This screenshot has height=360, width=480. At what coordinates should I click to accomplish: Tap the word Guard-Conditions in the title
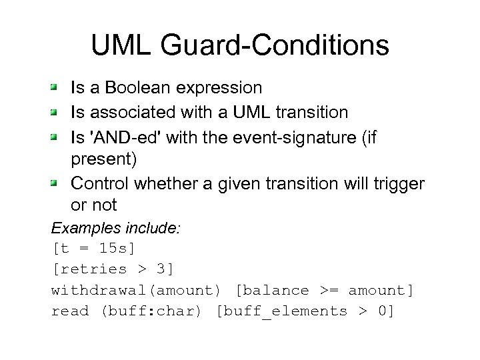(x=275, y=45)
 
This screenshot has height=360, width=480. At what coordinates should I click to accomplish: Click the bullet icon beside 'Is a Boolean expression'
(x=57, y=87)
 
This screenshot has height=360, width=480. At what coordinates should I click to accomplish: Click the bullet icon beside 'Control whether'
(x=57, y=182)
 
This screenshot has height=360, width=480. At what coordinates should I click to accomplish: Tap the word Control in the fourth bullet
(x=97, y=183)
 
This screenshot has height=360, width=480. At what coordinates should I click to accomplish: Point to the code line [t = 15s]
(x=93, y=248)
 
